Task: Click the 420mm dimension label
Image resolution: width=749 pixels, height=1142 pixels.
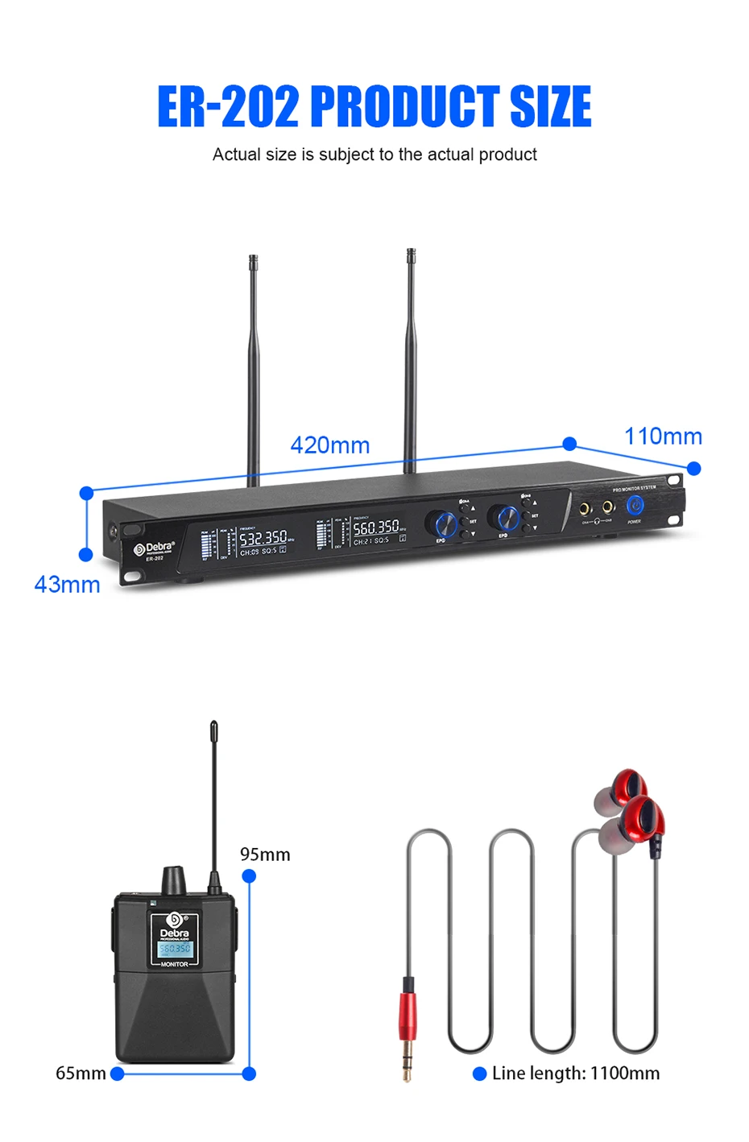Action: coord(329,445)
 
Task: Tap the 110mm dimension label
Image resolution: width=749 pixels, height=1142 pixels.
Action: coord(663,437)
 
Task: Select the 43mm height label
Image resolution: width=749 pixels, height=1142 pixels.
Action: coord(67,585)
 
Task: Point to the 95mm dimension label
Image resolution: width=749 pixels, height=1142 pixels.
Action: coord(265,854)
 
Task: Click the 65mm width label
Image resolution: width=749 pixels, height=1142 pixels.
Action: coord(81,1074)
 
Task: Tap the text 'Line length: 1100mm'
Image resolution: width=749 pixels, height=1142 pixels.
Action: coord(575,1074)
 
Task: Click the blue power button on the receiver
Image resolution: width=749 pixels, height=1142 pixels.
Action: coord(635,505)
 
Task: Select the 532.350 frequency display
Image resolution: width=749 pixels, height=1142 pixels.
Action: coord(263,538)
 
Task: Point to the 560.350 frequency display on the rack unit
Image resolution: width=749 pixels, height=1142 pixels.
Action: coord(376,528)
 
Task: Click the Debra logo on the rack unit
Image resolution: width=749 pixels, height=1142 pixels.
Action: coord(155,548)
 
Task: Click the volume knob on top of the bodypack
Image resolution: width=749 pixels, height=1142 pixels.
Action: coord(174,880)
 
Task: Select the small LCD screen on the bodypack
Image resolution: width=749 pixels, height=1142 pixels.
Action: coord(175,950)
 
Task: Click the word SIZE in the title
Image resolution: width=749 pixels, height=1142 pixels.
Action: coord(551,106)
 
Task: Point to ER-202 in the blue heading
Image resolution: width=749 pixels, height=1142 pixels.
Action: coord(228,106)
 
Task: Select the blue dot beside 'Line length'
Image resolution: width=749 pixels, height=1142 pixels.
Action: coord(480,1074)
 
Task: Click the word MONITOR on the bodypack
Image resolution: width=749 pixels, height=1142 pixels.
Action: coord(175,964)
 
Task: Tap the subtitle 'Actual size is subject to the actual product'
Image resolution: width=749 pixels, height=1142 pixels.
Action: coord(374,155)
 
